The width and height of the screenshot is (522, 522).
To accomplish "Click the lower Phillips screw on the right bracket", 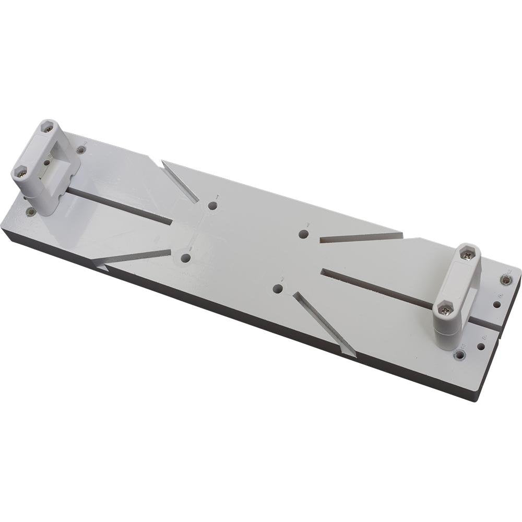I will point(445,310).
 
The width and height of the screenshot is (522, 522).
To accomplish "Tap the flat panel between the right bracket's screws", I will point(458,282).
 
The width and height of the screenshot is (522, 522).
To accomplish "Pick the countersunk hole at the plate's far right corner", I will point(505,280).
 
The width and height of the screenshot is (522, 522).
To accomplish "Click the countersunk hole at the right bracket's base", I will point(459,355).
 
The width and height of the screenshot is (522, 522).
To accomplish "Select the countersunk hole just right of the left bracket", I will point(81,150).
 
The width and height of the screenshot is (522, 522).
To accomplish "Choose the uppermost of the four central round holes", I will point(212,206).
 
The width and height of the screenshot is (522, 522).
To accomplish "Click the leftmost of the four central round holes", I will point(185,258).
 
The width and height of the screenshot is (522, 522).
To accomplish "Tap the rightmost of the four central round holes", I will point(303,234).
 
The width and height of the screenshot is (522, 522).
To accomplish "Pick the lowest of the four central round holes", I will point(278,289).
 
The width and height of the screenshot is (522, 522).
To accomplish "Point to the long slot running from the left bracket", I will point(120,206).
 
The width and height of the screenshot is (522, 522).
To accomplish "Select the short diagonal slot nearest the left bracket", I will point(180,181).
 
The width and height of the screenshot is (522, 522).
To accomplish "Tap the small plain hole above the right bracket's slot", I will point(496,304).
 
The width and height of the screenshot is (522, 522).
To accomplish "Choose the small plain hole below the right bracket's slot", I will point(481,346).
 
